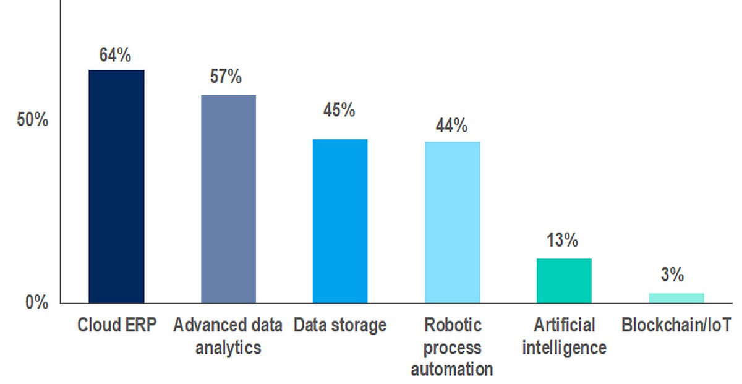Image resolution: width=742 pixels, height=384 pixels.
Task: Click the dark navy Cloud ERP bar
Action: click(116, 186)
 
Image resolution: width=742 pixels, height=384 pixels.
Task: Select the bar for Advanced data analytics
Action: click(228, 198)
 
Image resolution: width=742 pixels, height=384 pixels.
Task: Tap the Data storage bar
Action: click(340, 221)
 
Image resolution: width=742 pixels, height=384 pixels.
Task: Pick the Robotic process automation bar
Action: click(452, 222)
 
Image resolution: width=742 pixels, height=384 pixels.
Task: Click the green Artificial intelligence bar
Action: click(564, 280)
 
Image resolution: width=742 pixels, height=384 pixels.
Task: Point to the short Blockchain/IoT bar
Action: click(676, 297)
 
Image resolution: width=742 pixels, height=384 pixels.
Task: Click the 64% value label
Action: click(116, 55)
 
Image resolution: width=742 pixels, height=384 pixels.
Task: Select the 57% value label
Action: click(226, 77)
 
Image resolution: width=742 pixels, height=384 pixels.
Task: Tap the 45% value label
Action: click(339, 111)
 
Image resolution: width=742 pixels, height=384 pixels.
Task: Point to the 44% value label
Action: click(451, 126)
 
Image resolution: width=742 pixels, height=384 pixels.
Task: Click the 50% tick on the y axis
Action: click(32, 120)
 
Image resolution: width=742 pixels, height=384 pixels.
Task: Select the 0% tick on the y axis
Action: click(36, 303)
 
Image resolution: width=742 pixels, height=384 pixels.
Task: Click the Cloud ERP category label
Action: click(117, 325)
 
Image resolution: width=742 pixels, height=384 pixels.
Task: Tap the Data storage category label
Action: click(340, 325)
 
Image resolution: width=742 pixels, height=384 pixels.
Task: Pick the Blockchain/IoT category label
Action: click(675, 325)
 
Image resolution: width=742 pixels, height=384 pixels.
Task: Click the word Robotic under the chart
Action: click(453, 325)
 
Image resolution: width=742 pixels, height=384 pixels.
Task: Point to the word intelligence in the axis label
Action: click(564, 348)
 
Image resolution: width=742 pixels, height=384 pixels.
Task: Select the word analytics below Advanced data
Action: click(228, 348)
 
